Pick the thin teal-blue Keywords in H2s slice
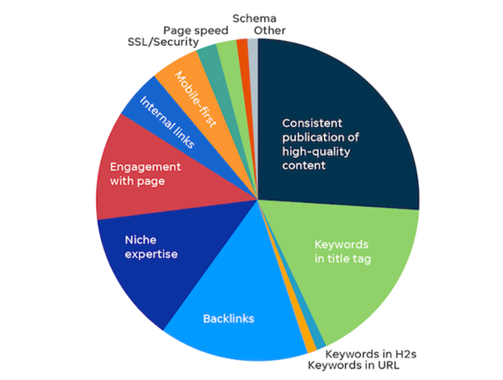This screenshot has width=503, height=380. (x=316, y=340)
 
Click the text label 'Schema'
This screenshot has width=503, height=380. (x=254, y=18)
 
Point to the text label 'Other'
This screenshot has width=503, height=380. (x=270, y=30)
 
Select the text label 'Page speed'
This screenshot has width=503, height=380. (x=196, y=31)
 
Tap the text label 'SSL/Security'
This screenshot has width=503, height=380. (x=163, y=42)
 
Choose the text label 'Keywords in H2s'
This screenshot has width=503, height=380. (x=371, y=354)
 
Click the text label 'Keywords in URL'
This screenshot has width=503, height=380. (x=353, y=365)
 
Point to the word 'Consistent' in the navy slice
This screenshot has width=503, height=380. (x=312, y=123)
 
